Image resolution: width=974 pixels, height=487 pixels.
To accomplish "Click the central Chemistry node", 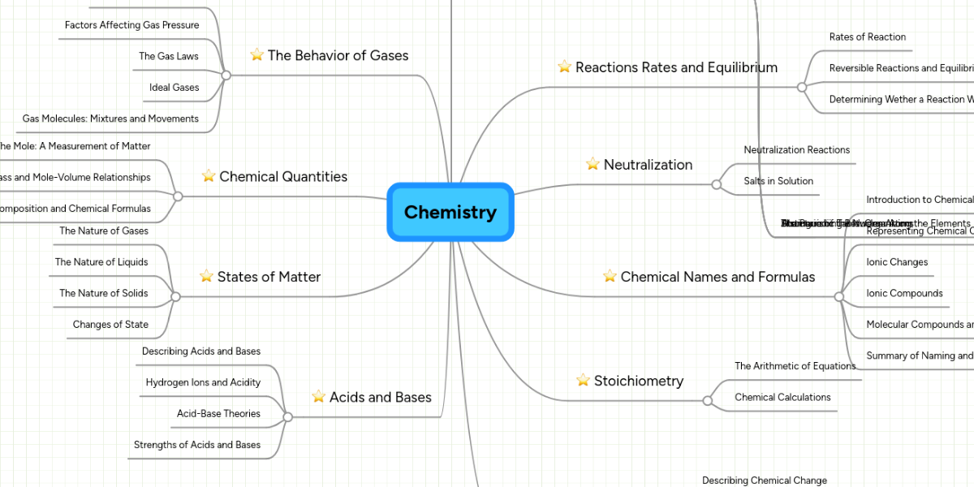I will (x=450, y=212).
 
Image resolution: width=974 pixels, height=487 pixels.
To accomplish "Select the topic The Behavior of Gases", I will (x=338, y=55).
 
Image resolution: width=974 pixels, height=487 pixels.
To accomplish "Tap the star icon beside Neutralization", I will (x=593, y=165).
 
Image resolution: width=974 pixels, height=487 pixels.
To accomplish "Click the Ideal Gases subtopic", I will (x=174, y=88).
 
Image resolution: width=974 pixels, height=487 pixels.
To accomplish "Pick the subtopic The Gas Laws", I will (x=168, y=56).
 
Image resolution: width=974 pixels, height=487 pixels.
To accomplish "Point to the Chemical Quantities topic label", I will (x=283, y=176).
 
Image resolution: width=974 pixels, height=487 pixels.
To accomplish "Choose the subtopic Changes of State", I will (x=110, y=325).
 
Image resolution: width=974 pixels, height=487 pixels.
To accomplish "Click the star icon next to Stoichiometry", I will (x=583, y=381).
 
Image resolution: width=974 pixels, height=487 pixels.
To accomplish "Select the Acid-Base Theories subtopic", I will (x=218, y=414).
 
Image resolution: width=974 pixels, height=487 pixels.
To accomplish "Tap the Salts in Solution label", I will (x=778, y=181).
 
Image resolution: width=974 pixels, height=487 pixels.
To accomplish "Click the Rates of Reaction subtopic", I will (x=867, y=37).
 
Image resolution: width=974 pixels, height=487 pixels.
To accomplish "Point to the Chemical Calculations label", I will (x=782, y=398).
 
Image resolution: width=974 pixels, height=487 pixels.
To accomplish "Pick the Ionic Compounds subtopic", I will (x=904, y=294).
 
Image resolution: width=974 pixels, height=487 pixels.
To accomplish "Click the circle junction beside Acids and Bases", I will (x=287, y=417).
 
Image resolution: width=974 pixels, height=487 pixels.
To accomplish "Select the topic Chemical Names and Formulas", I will (x=718, y=277).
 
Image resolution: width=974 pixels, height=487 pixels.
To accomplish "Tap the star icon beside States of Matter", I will (x=206, y=277).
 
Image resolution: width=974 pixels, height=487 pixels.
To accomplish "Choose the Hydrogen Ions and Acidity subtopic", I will (x=203, y=382).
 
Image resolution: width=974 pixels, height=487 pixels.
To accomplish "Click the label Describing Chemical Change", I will (x=764, y=481).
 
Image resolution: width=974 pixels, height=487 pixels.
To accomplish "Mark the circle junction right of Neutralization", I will (x=716, y=185).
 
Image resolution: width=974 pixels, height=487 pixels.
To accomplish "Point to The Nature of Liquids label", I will (x=101, y=262).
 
